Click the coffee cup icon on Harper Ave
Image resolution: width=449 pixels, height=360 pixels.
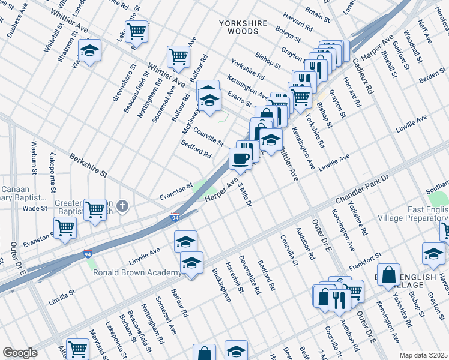click(x=240, y=159)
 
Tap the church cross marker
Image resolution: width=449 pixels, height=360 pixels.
click(x=122, y=207)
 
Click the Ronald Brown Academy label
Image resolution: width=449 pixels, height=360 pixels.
click(x=137, y=273)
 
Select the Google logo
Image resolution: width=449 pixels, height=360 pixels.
click(x=20, y=353)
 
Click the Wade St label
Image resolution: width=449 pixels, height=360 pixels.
click(x=35, y=208)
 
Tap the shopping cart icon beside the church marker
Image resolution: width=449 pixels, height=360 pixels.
click(x=95, y=209)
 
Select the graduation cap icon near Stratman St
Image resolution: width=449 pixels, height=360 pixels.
click(x=89, y=52)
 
